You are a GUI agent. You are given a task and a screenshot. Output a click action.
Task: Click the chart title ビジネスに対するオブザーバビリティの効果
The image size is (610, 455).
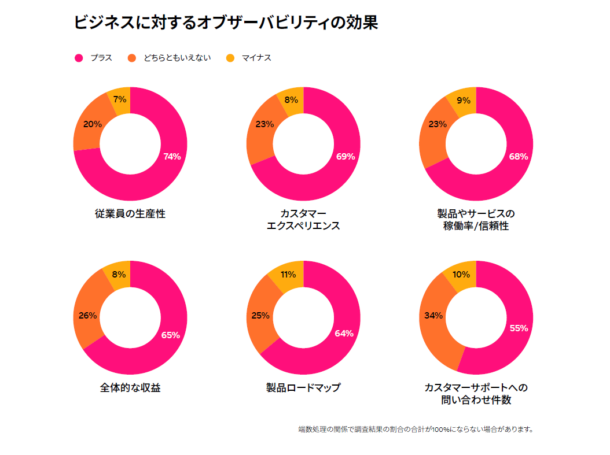pyautogui.click(x=226, y=23)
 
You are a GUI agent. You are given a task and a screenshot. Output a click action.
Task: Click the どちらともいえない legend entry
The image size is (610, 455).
pyautogui.click(x=170, y=58)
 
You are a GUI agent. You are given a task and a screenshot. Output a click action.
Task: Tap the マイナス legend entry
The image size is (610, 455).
pyautogui.click(x=248, y=58)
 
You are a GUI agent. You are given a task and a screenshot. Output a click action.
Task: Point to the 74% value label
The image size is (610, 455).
pyautogui.click(x=172, y=156)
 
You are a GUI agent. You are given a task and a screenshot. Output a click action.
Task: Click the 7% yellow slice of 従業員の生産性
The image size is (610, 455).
pyautogui.click(x=120, y=100)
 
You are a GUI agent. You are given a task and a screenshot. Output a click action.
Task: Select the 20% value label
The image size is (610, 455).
pyautogui.click(x=93, y=124)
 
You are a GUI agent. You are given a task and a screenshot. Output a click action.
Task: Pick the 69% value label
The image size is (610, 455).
pyautogui.click(x=346, y=156)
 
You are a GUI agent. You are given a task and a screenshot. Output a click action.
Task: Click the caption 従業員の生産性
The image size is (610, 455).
pyautogui.click(x=130, y=213)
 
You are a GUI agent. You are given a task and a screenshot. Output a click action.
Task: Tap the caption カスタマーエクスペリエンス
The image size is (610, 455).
pyautogui.click(x=303, y=220)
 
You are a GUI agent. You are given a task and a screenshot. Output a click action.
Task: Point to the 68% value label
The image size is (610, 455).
pyautogui.click(x=519, y=156)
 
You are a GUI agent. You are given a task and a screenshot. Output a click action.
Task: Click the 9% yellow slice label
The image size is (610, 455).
pyautogui.click(x=463, y=101)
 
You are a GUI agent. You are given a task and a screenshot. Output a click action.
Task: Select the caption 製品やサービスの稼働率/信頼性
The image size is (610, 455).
pyautogui.click(x=476, y=220)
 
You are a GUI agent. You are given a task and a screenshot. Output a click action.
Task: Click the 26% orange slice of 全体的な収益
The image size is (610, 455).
pyautogui.click(x=88, y=316)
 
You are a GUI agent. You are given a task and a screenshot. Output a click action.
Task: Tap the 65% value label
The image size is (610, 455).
pyautogui.click(x=170, y=335)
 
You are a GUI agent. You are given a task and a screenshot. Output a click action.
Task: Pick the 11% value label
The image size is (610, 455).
pyautogui.click(x=288, y=275)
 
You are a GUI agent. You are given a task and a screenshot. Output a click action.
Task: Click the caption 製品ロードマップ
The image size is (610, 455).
pyautogui.click(x=303, y=387)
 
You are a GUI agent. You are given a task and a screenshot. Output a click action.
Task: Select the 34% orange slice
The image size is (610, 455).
pyautogui.click(x=433, y=316)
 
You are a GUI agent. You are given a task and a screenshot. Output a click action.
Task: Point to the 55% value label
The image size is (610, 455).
pyautogui.click(x=519, y=328)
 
